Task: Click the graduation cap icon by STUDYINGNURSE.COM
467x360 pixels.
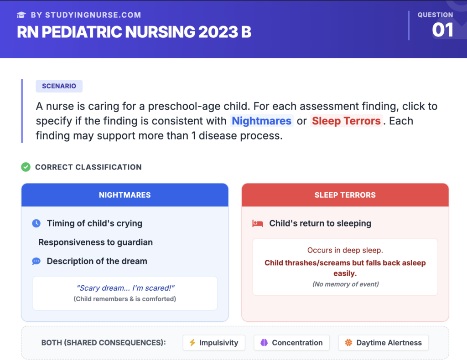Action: coord(21,15)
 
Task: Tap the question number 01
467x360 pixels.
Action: coord(442,30)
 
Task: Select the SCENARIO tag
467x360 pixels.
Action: coord(59,86)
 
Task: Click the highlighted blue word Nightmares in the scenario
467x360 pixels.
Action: coord(261,121)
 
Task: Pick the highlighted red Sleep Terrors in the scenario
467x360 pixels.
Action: coord(346,121)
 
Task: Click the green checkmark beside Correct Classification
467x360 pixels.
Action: coord(26,167)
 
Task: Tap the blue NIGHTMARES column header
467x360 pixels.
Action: coord(125,195)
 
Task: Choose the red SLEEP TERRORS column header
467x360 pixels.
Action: coord(345,195)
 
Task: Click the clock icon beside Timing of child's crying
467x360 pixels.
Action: coord(36,223)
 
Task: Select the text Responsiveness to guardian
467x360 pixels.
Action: coord(95,242)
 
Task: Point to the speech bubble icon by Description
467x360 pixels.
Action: coord(36,262)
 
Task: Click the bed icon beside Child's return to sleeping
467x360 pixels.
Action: coord(258,223)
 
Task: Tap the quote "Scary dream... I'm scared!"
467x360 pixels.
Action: coord(126,288)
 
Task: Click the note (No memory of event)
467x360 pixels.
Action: coord(345,284)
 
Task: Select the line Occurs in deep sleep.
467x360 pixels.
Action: coord(345,250)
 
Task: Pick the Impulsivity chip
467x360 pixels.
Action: coord(214,343)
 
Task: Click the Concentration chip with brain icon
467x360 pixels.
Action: coord(292,343)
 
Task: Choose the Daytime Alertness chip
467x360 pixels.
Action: coord(383,343)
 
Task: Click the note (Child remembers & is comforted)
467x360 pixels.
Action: coord(125,299)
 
